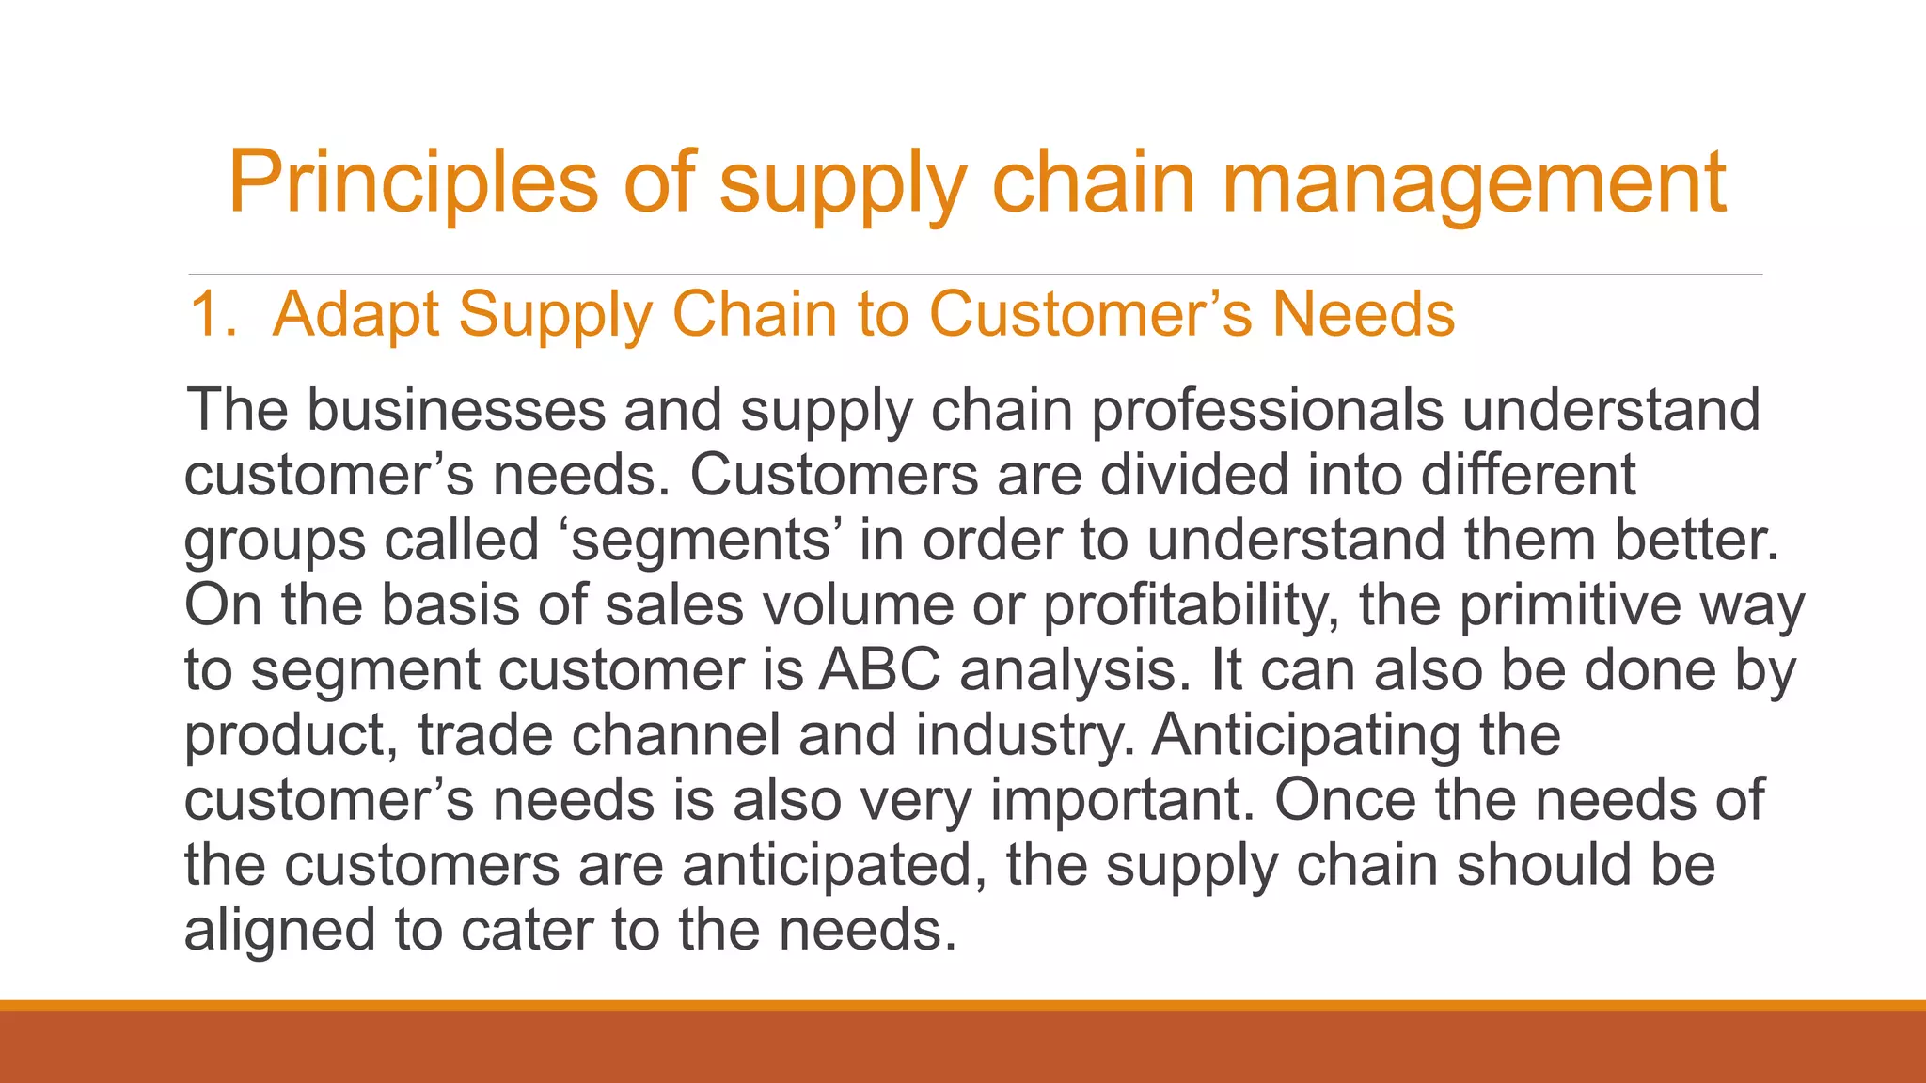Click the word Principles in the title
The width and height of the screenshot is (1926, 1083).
pos(412,182)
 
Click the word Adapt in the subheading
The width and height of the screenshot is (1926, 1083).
pos(355,315)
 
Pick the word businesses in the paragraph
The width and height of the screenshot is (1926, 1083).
pos(456,410)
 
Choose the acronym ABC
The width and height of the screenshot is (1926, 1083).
pos(879,670)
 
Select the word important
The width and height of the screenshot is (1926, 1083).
pos(1123,800)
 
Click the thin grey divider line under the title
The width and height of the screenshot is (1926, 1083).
pos(974,275)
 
